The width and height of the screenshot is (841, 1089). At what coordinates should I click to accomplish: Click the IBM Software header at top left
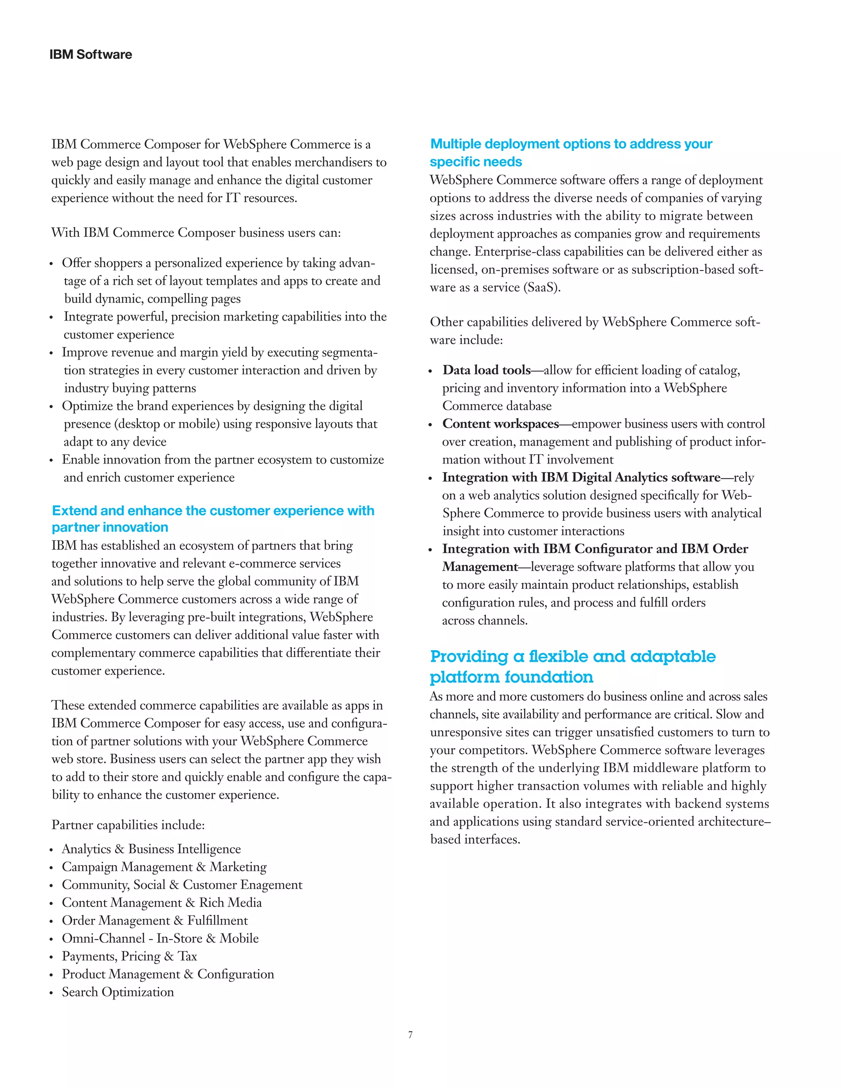[x=91, y=54]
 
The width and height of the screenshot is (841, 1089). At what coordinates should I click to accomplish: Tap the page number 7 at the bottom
[x=410, y=1035]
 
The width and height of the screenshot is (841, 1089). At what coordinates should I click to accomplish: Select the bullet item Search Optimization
[x=117, y=992]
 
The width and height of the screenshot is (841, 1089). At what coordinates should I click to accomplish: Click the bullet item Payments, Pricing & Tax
[x=129, y=956]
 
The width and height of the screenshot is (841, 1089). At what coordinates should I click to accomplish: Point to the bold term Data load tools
[x=486, y=370]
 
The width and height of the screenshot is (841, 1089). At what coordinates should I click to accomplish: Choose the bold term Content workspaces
[x=500, y=424]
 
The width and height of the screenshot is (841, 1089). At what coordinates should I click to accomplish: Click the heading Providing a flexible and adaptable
[x=572, y=656]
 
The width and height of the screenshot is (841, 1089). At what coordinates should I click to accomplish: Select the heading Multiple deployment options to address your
[x=571, y=144]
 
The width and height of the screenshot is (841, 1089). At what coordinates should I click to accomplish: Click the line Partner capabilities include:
[x=128, y=825]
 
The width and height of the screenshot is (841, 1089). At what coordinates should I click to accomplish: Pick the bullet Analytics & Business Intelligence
[x=151, y=849]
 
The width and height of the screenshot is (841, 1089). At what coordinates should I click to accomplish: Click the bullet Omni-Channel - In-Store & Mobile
[x=160, y=938]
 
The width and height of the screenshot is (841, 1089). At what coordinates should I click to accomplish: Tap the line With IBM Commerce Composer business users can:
[x=196, y=232]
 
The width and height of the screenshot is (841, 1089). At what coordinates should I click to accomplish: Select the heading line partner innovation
[x=110, y=527]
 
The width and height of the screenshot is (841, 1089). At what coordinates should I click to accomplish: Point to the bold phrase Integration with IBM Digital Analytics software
[x=581, y=477]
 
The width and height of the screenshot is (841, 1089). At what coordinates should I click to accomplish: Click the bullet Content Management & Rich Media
[x=161, y=902]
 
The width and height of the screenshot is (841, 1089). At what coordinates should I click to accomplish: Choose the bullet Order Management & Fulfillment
[x=154, y=921]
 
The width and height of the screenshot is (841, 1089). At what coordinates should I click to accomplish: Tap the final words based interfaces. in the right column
[x=475, y=839]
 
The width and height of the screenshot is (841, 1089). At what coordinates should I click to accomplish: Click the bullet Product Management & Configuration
[x=168, y=974]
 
